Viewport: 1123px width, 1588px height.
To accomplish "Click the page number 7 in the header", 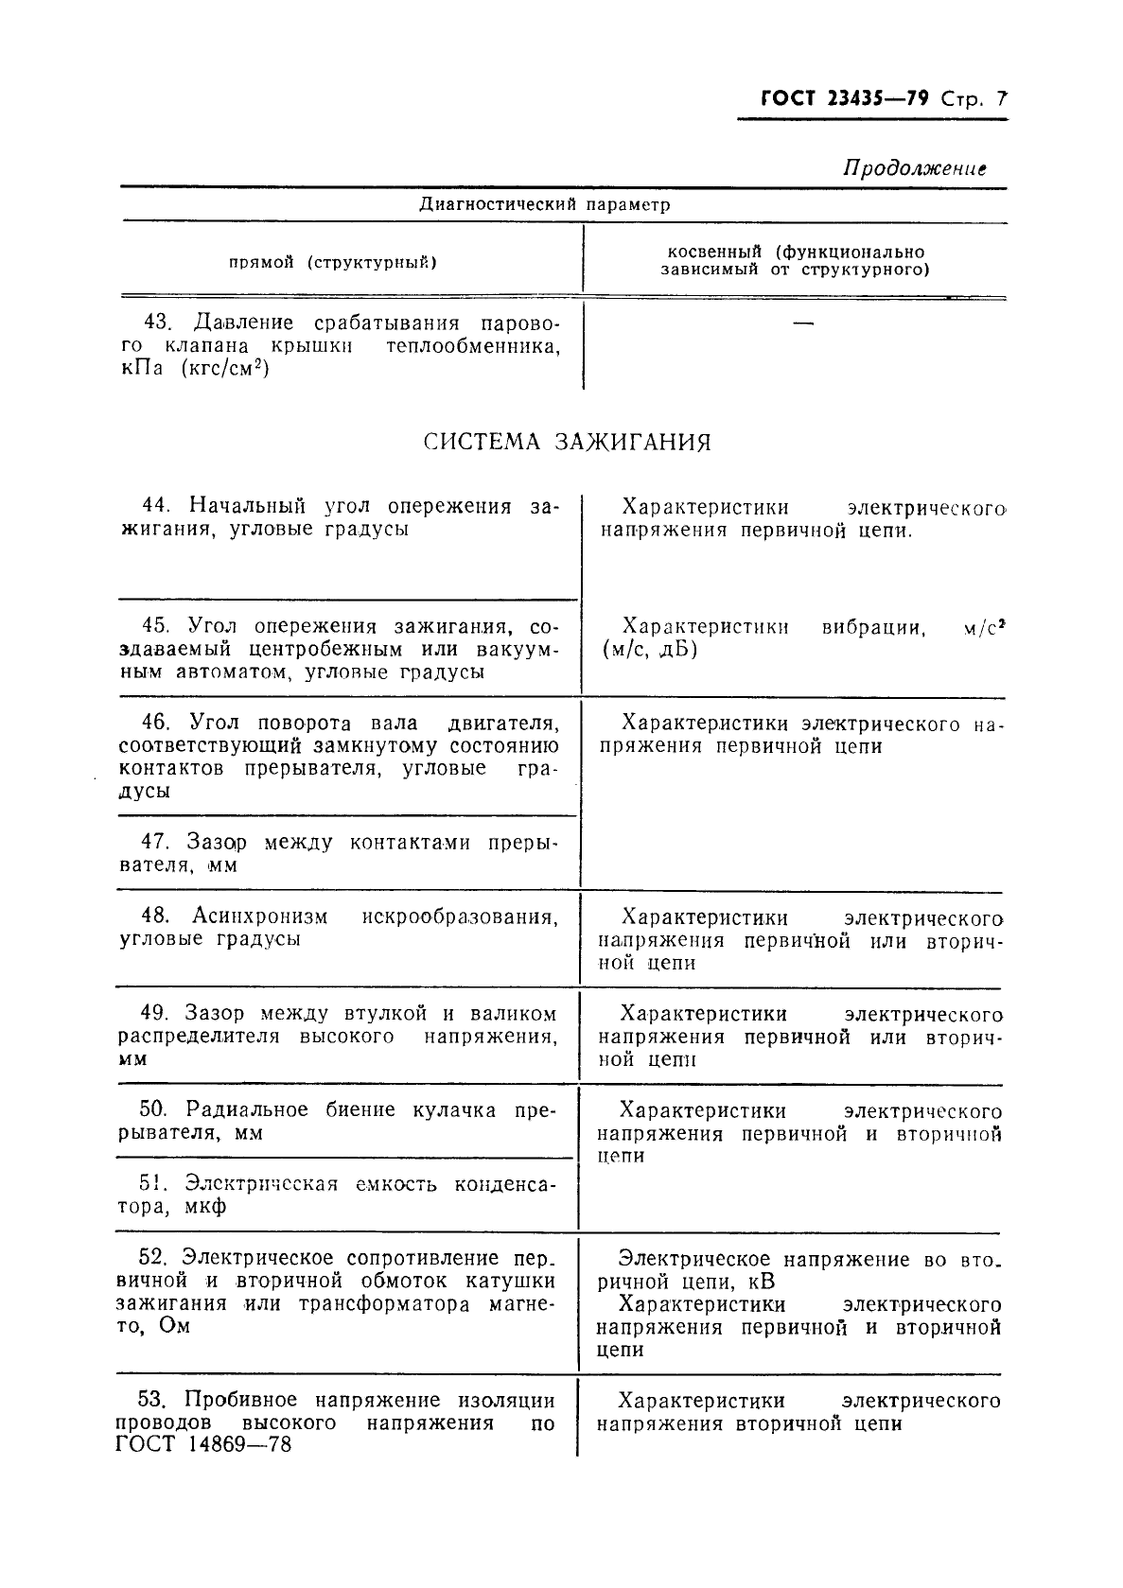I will (1002, 99).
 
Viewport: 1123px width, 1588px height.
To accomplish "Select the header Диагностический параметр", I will (544, 204).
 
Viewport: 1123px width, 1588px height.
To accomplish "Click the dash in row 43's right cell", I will (803, 324).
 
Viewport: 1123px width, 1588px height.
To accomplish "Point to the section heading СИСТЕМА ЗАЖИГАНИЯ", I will (567, 443).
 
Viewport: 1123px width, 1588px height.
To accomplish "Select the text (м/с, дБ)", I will (649, 650).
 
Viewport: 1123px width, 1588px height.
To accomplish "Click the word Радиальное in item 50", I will (247, 1110).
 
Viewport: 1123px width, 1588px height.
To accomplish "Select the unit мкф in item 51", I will (206, 1207).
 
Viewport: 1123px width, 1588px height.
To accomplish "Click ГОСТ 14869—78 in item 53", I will (203, 1445).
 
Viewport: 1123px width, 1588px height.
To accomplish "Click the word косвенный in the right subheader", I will (714, 253).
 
